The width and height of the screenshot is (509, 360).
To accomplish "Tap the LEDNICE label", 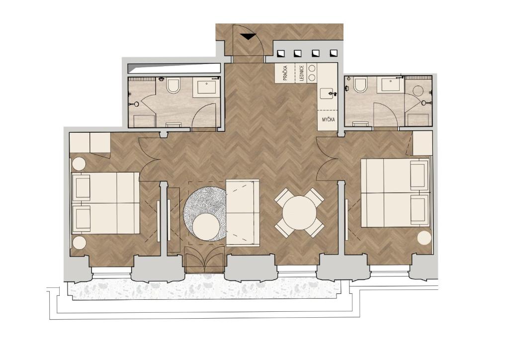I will tap(301, 73).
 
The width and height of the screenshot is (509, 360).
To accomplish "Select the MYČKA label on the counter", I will tap(328, 120).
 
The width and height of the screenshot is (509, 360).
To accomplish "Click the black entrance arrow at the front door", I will tap(247, 36).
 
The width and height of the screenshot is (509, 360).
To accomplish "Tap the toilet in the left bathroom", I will tap(173, 87).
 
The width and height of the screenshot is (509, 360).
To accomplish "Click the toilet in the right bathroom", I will tap(360, 86).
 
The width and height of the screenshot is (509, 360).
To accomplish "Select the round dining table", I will tap(299, 212).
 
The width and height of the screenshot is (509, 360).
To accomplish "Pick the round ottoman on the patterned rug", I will tap(205, 226).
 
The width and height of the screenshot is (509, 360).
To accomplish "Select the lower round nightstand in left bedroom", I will tap(79, 243).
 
